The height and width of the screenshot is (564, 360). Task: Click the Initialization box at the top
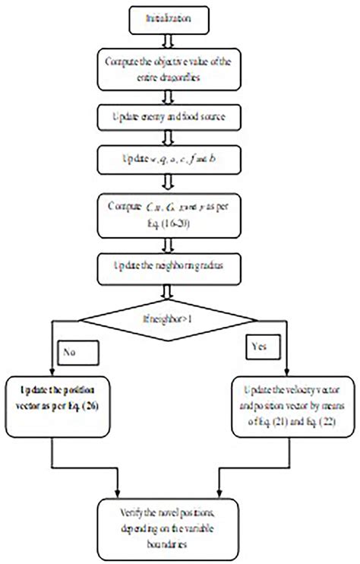179,15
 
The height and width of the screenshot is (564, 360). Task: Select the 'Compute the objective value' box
179,69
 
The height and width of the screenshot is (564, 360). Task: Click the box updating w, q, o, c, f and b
179,160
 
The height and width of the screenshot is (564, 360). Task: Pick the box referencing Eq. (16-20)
179,209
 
